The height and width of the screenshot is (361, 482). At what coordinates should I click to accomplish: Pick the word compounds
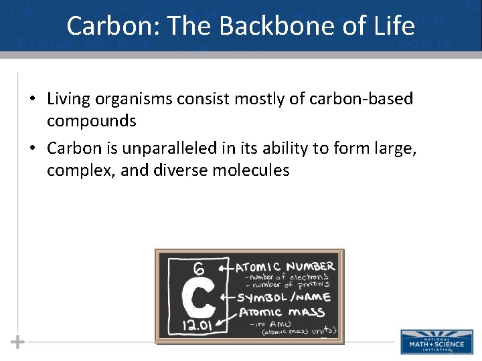click(91, 121)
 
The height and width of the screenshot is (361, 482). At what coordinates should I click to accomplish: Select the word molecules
click(251, 170)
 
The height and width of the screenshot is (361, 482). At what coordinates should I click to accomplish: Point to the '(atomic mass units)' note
click(299, 331)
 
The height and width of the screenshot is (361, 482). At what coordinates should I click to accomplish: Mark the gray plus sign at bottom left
click(18, 342)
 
